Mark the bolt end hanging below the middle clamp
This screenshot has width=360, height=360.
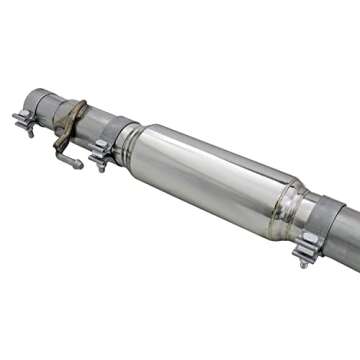click(100, 164)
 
